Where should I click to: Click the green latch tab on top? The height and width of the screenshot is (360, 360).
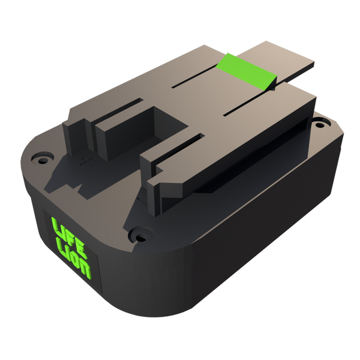(x=246, y=71)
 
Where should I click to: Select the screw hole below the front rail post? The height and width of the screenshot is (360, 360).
(x=140, y=236)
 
